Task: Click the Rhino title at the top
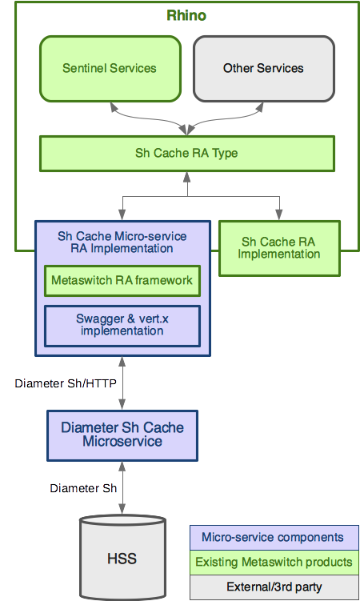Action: pyautogui.click(x=187, y=15)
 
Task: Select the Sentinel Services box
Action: pyautogui.click(x=109, y=68)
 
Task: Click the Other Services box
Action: pyautogui.click(x=263, y=68)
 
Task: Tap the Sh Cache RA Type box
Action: pyautogui.click(x=186, y=153)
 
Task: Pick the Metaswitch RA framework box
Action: pyautogui.click(x=121, y=281)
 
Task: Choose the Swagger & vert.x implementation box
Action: pyautogui.click(x=121, y=325)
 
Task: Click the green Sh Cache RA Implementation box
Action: pyautogui.click(x=279, y=248)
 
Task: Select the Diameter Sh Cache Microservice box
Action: pyautogui.click(x=122, y=435)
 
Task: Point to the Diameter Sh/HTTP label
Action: pyautogui.click(x=66, y=383)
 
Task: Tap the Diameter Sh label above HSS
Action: pyautogui.click(x=83, y=487)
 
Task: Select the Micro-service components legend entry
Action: pyautogui.click(x=273, y=537)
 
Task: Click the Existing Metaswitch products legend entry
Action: pyautogui.click(x=273, y=562)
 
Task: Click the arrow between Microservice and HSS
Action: pyautogui.click(x=122, y=488)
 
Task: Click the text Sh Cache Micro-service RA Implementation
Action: pyautogui.click(x=122, y=242)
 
